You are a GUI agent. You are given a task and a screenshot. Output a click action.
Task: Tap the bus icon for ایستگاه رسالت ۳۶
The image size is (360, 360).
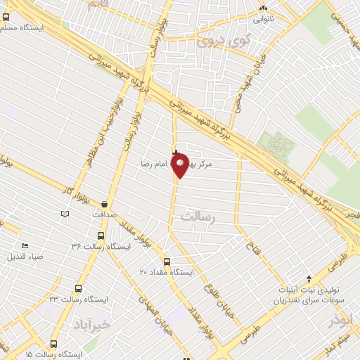(101, 236)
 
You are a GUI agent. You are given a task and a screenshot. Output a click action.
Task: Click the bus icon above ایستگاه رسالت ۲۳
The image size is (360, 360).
(77, 288)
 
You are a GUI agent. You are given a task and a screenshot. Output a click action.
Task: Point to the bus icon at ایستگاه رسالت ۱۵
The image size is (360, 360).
(54, 344)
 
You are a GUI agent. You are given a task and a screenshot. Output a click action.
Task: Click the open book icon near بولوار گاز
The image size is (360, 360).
(65, 213)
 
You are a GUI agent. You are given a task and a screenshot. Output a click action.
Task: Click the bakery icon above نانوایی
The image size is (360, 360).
(263, 9)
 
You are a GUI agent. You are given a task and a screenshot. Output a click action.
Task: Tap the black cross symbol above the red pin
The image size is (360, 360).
(175, 152)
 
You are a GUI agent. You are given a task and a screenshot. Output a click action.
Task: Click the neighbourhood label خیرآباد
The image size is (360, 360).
(91, 325)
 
